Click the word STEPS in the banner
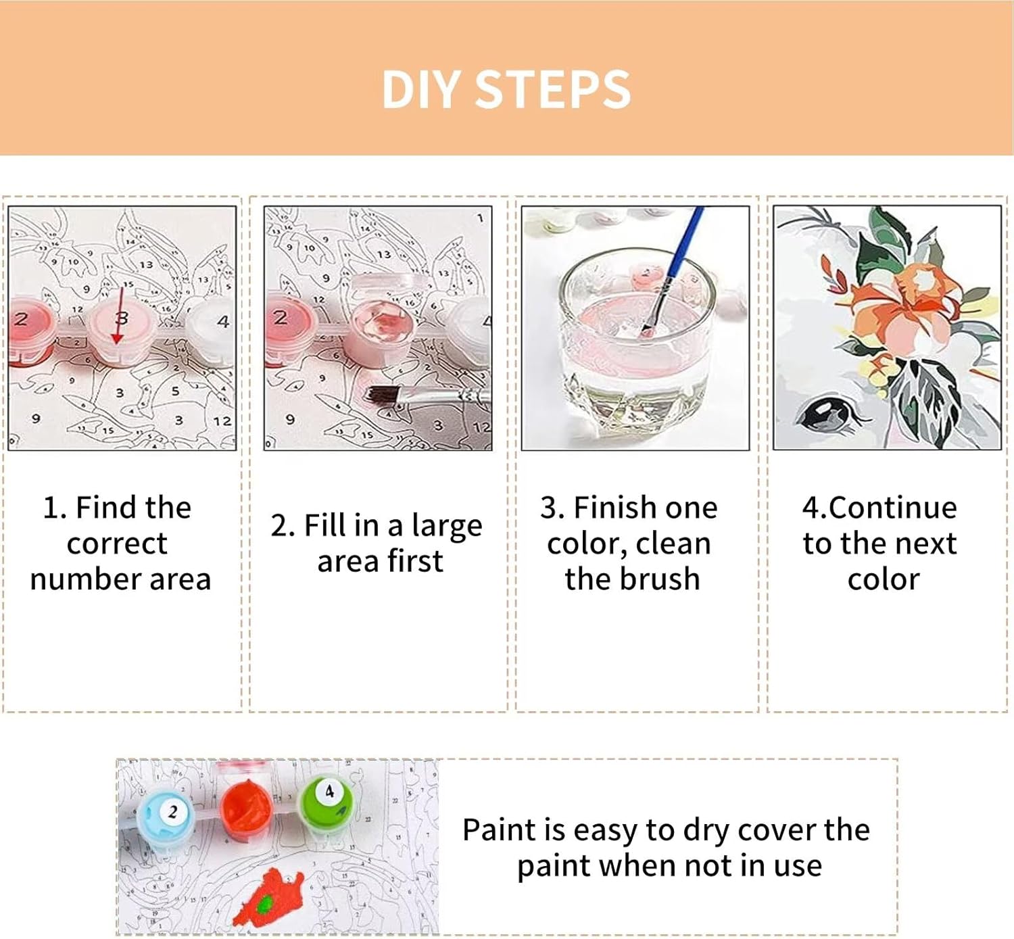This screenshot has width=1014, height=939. pyautogui.click(x=554, y=90)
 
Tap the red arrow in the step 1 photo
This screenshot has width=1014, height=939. pyautogui.click(x=120, y=314)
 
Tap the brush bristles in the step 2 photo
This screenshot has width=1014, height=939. pyautogui.click(x=383, y=393)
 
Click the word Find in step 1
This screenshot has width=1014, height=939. pyautogui.click(x=105, y=508)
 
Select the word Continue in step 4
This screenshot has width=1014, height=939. pyautogui.click(x=892, y=508)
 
